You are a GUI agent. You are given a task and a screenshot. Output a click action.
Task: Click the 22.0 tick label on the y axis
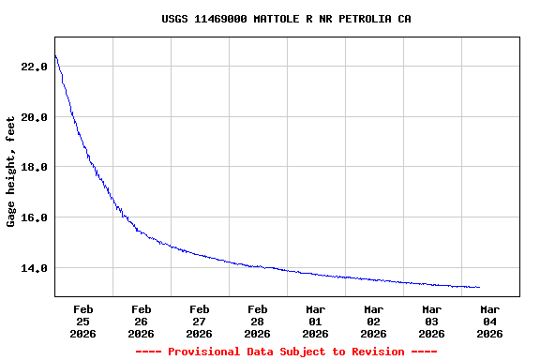34,67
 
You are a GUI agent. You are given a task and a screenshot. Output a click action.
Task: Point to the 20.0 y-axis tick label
34,117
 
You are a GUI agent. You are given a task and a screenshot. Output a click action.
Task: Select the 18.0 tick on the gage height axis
34,167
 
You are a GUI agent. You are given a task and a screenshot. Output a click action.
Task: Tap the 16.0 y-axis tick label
34,217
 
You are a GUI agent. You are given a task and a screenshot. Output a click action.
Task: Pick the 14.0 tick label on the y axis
34,268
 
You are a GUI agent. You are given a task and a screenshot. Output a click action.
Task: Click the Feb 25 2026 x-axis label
83,321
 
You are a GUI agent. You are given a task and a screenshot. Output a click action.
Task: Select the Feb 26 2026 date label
142,321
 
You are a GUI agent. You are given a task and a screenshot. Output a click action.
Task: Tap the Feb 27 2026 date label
200,321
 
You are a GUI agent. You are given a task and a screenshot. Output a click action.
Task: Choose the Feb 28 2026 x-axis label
258,321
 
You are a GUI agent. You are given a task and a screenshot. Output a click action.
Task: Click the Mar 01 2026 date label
316,321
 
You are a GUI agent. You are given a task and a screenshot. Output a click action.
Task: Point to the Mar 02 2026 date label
374,321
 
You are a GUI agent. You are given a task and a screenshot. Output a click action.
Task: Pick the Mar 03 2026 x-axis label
432,321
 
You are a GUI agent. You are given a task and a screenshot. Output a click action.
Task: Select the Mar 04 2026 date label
490,321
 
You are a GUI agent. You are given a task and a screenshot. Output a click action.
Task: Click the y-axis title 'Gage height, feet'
11,172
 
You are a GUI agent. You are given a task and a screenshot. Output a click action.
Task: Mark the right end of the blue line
479,288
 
